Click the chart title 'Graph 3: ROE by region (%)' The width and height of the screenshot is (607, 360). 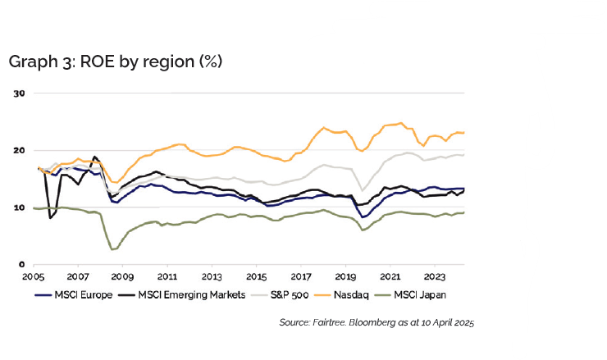coord(115,62)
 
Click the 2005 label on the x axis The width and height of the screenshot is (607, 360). coord(34,279)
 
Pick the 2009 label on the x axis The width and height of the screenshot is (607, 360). coord(122,279)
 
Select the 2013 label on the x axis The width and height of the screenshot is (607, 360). coord(212,279)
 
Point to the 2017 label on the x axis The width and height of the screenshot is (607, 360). coord(301,279)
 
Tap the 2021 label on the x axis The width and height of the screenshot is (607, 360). coord(390,279)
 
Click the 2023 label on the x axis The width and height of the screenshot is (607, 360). coord(435,279)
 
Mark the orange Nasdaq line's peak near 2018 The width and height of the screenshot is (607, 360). coord(323,127)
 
